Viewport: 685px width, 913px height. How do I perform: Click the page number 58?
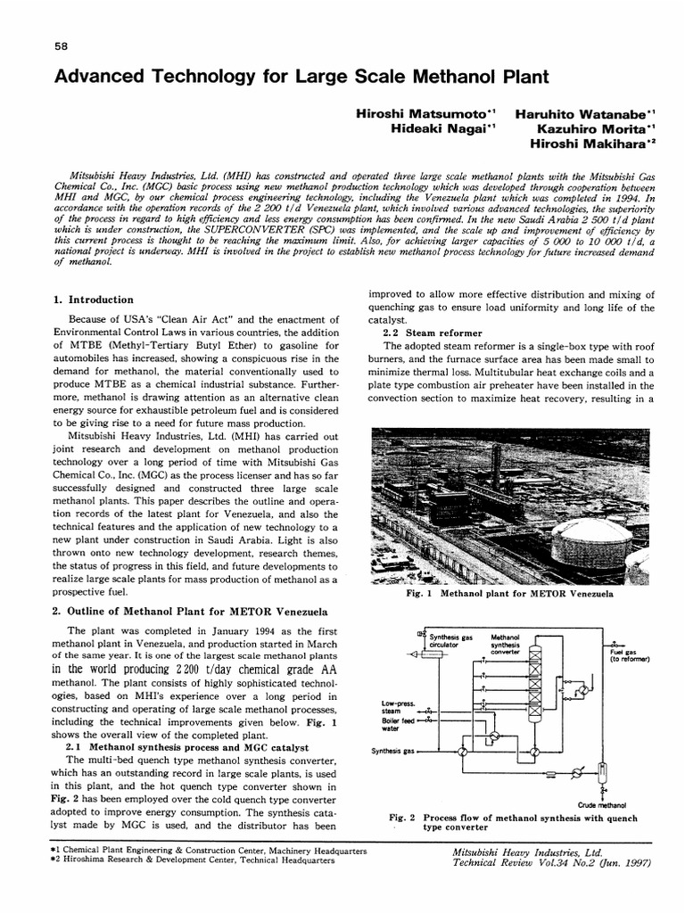tap(60, 47)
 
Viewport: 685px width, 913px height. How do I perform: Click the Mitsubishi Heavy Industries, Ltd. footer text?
tap(528, 852)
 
